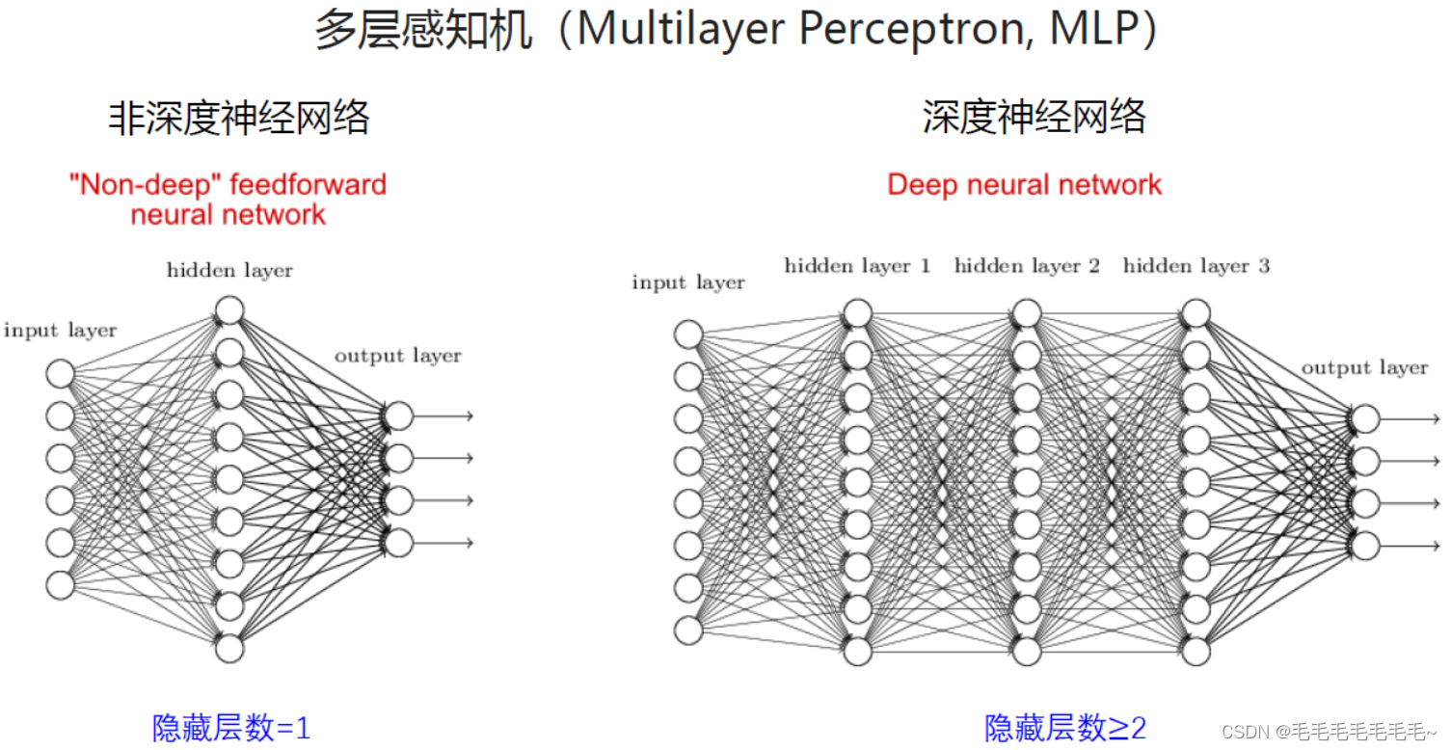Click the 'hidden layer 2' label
(1027, 266)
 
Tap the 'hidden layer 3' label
(1196, 266)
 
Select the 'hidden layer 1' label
(857, 266)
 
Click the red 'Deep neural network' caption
(1024, 185)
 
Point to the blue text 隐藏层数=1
(231, 728)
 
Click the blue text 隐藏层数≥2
(1065, 728)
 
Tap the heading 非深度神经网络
(238, 119)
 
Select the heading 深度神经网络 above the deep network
(1034, 119)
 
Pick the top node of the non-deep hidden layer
(229, 310)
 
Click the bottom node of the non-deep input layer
(60, 585)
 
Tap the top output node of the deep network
(1365, 418)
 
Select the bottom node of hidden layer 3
(1196, 652)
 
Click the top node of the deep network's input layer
(688, 334)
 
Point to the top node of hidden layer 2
(1027, 313)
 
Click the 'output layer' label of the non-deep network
(398, 356)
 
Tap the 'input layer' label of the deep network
(688, 282)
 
